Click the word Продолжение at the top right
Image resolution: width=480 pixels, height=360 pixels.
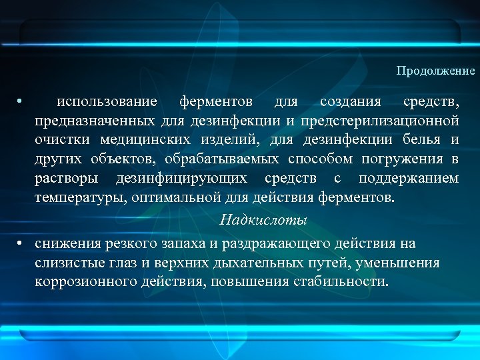pos(435,71)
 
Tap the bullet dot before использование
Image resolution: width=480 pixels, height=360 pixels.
pos(21,102)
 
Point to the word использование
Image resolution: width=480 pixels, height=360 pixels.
pos(107,102)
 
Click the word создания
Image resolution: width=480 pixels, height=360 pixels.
pos(351,102)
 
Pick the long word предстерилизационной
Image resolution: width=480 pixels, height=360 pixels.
pos(380,121)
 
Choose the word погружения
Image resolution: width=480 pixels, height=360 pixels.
pos(403,160)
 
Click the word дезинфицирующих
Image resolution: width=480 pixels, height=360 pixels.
pos(182,179)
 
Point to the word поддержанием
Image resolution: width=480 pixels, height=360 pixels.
pos(408,179)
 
